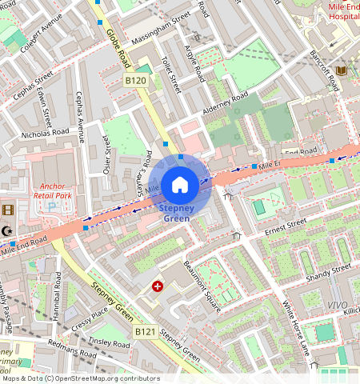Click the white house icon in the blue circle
click(180, 185)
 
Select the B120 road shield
click(136, 81)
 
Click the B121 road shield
click(145, 331)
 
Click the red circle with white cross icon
click(158, 286)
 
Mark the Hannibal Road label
click(57, 296)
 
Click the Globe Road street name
click(118, 47)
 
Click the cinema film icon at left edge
click(8, 210)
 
